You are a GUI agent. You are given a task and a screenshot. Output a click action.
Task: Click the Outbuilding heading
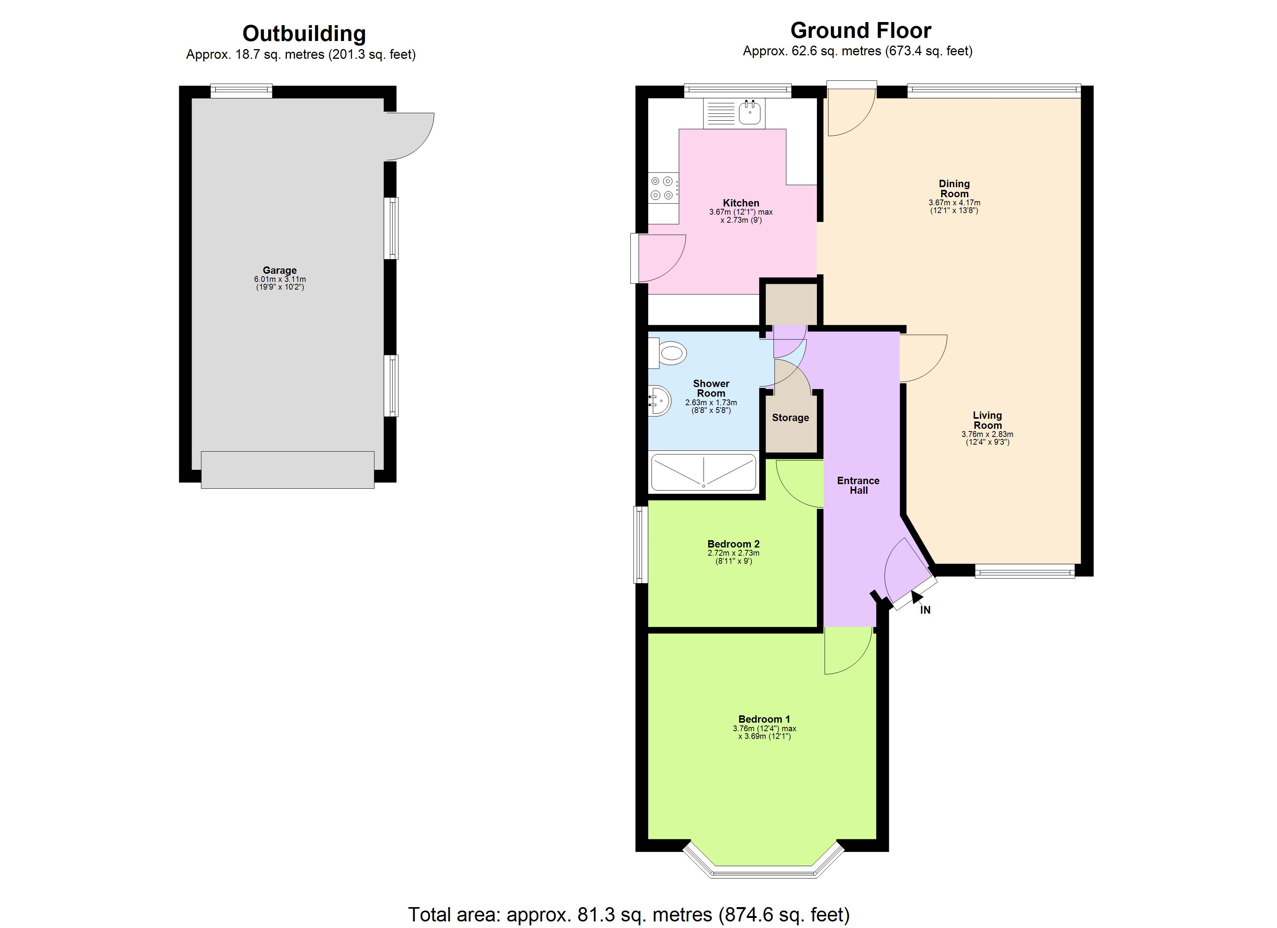pos(304,34)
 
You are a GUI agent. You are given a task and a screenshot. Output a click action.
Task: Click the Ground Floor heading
pos(860,31)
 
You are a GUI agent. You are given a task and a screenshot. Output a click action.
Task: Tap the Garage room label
pos(279,270)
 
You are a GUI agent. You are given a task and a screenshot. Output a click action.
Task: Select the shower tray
pos(703,472)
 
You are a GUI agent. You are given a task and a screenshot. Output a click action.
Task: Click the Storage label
pos(790,418)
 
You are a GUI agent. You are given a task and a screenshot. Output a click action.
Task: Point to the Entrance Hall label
pos(858,485)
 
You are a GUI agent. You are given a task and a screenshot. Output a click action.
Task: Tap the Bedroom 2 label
pos(733,544)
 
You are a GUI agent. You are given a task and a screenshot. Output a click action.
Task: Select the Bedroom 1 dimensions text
pos(764,732)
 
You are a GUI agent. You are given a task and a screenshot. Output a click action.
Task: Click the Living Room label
pos(987,420)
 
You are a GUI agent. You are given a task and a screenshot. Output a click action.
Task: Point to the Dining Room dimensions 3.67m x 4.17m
pos(954,206)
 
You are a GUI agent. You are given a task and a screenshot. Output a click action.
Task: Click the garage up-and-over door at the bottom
pos(287,470)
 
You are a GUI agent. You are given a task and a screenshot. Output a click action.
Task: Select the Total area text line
pos(628,914)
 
